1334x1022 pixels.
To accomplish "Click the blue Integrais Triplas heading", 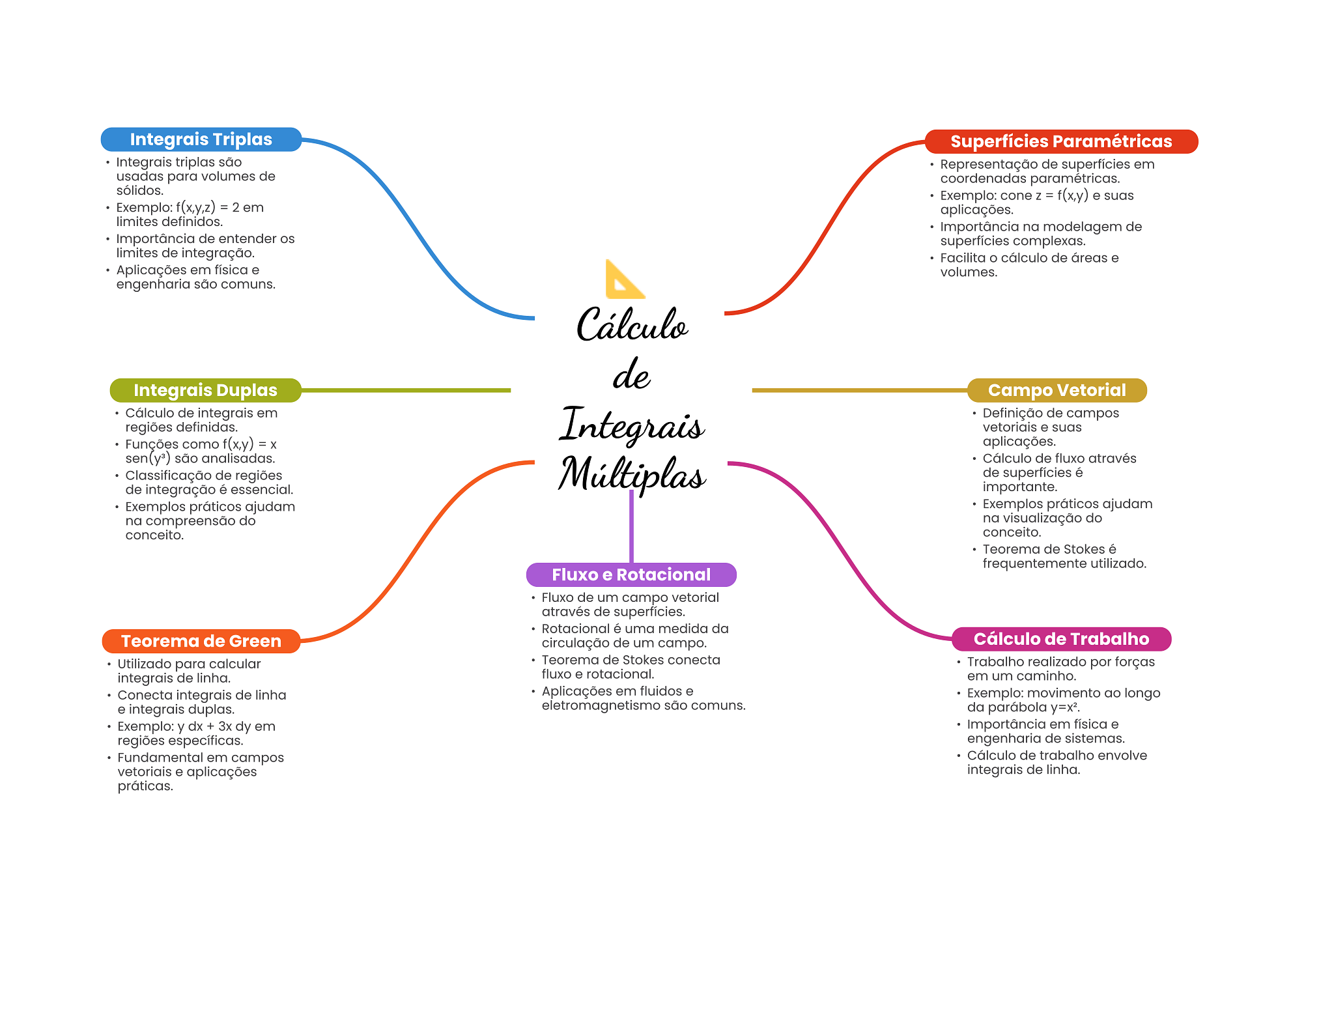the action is (201, 139).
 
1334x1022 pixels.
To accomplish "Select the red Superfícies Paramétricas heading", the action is (1061, 141).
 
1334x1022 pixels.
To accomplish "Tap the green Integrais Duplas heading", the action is (205, 390).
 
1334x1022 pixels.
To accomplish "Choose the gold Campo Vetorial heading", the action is (1057, 390).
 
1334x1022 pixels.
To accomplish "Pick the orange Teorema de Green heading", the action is (201, 641).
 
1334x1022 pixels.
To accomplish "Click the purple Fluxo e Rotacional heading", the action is (631, 575).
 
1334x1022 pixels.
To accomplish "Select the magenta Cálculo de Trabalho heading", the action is (1061, 639).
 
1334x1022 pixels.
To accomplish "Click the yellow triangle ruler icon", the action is (624, 280).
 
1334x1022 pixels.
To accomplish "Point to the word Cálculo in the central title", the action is (632, 325).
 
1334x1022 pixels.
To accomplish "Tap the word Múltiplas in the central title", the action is (632, 474).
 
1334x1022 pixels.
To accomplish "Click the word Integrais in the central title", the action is (632, 425).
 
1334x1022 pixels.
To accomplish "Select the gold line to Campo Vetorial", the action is (860, 390).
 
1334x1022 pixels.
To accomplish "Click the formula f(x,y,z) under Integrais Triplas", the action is (195, 208).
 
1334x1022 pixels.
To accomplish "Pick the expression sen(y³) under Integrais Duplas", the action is (148, 459).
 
